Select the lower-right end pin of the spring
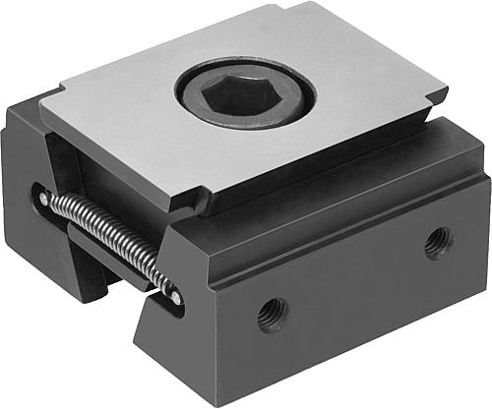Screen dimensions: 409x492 (x=174, y=296)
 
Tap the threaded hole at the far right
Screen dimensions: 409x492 (x=437, y=241)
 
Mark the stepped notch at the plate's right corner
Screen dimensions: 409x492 (x=437, y=94)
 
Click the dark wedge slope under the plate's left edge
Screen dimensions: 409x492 (x=64, y=157)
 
